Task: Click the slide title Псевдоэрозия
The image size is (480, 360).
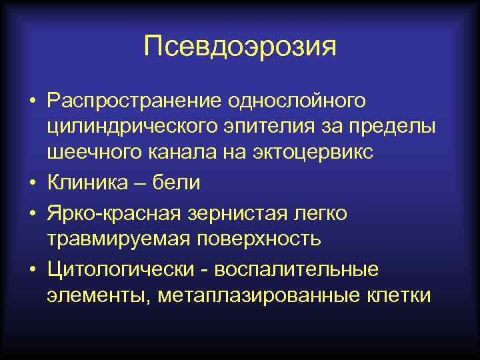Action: pos(240,47)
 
